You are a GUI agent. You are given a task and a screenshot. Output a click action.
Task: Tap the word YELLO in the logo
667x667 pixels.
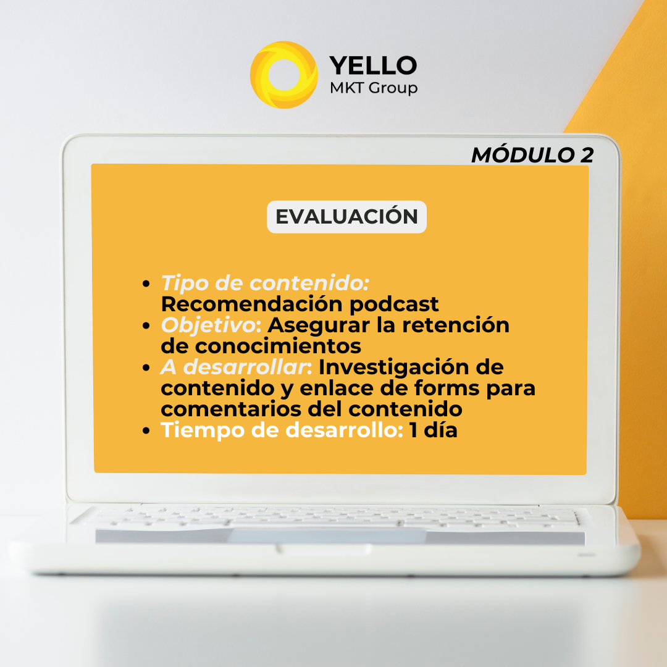(x=373, y=65)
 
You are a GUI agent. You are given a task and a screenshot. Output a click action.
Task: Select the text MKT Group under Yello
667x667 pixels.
(x=374, y=88)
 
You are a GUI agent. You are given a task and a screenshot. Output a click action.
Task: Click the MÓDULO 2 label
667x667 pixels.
(x=532, y=155)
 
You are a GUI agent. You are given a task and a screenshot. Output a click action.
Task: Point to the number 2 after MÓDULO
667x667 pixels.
(x=587, y=155)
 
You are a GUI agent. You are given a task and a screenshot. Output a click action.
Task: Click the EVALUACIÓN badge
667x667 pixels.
(x=346, y=217)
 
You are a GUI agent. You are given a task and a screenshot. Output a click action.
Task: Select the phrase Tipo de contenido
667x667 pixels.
(x=264, y=283)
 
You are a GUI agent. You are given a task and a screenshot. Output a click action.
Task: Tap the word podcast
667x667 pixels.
(x=394, y=304)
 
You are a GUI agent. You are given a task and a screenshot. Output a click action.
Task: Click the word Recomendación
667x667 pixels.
(x=252, y=304)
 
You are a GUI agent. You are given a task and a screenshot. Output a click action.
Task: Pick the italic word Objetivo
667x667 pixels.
(x=208, y=325)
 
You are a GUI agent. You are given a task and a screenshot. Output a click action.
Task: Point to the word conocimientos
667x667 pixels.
(x=278, y=346)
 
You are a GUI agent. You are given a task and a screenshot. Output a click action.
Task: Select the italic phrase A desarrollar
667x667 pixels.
(x=233, y=367)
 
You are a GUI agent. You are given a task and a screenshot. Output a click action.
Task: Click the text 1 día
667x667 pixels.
(x=433, y=430)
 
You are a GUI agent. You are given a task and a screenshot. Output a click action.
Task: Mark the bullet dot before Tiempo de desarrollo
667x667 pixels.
(x=146, y=431)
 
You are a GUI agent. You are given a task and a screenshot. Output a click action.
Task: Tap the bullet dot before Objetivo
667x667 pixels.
(x=146, y=326)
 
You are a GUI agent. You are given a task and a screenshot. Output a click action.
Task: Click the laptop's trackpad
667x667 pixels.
(x=327, y=536)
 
